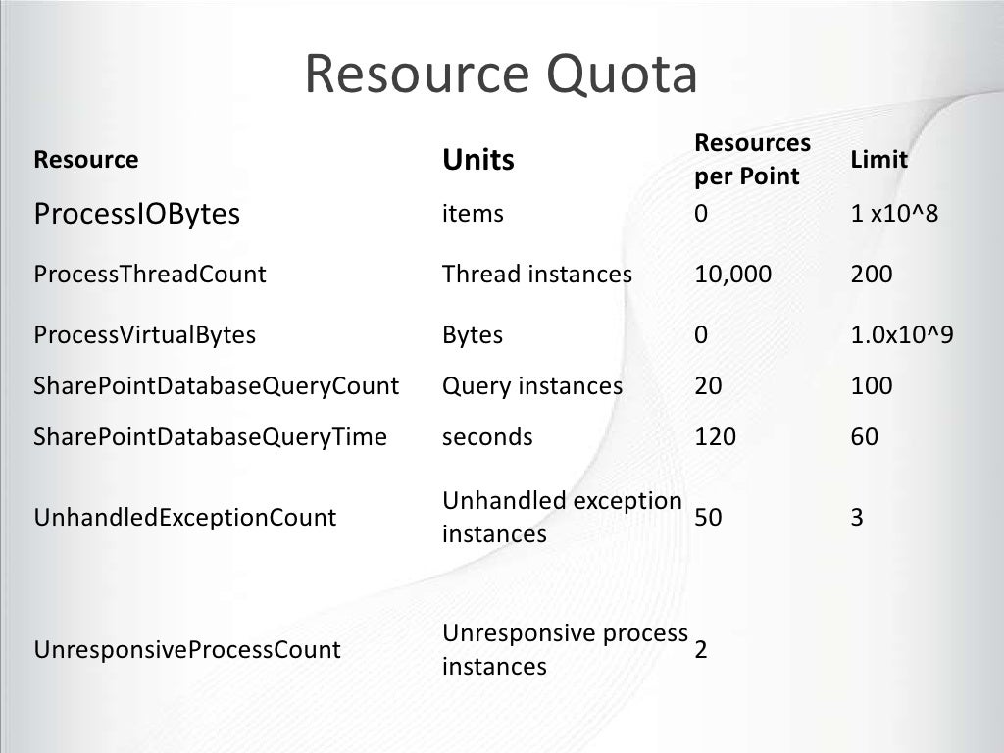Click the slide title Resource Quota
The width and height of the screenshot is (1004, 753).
coord(500,75)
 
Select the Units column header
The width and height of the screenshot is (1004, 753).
coord(478,160)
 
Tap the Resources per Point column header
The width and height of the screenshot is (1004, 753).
coord(752,160)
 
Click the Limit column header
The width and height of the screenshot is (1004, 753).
coord(878,160)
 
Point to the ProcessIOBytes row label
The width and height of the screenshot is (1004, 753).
coord(136,214)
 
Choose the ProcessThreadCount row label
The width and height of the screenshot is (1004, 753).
coord(149,275)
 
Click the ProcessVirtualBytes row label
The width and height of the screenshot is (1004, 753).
coord(144,335)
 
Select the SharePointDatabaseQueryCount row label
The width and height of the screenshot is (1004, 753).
coord(216,386)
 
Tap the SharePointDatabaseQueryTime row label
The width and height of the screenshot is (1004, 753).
coord(210,437)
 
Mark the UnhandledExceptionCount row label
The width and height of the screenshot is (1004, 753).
coord(184,518)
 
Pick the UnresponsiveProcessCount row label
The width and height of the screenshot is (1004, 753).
coord(187,650)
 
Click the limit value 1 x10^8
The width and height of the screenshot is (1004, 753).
coord(894,214)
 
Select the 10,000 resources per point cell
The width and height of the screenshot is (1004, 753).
coord(732,275)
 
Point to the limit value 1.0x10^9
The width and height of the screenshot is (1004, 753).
coord(902,335)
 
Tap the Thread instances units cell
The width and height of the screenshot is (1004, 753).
coord(536,275)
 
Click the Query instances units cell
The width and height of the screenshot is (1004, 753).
coord(531,386)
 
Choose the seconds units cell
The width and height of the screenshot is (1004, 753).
coord(487,437)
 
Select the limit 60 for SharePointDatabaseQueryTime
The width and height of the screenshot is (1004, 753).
coord(865,437)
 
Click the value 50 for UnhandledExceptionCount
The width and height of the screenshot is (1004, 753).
coord(708,518)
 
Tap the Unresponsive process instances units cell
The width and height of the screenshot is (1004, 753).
coord(564,650)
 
